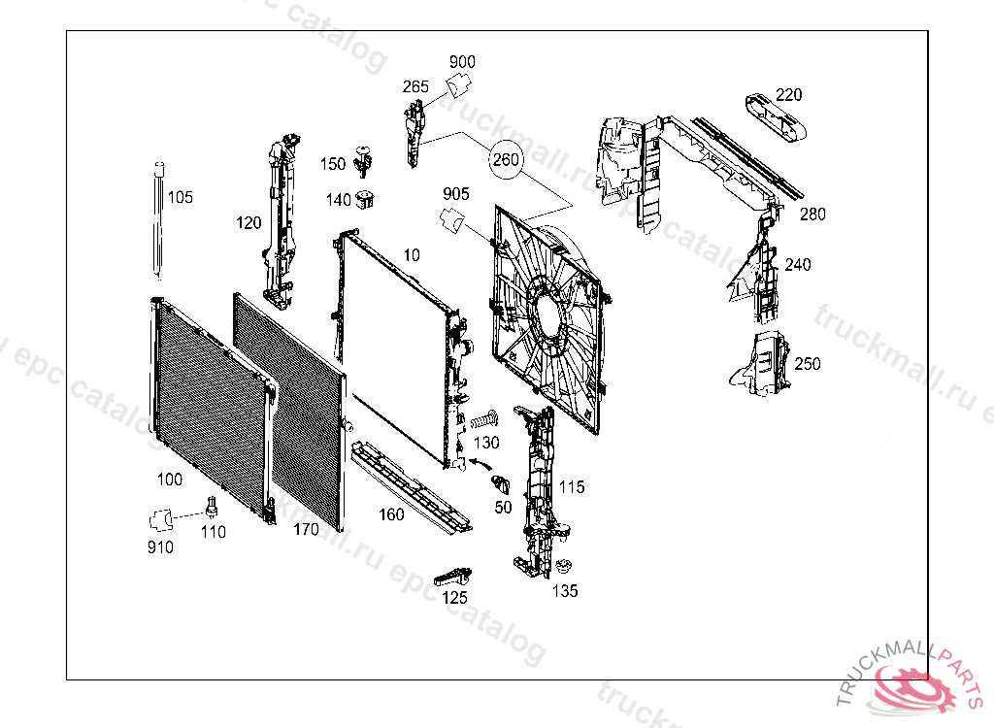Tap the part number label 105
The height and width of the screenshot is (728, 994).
coord(181,198)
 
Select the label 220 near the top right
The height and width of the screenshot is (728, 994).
coord(788,94)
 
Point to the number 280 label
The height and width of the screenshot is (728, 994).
coord(812,215)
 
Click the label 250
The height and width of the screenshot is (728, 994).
coord(807,364)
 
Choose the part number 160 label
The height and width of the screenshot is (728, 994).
coord(391,514)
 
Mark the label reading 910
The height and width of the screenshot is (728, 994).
coord(160,547)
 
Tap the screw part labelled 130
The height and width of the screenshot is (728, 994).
coord(483,420)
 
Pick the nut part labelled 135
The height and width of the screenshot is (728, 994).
coord(563,568)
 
